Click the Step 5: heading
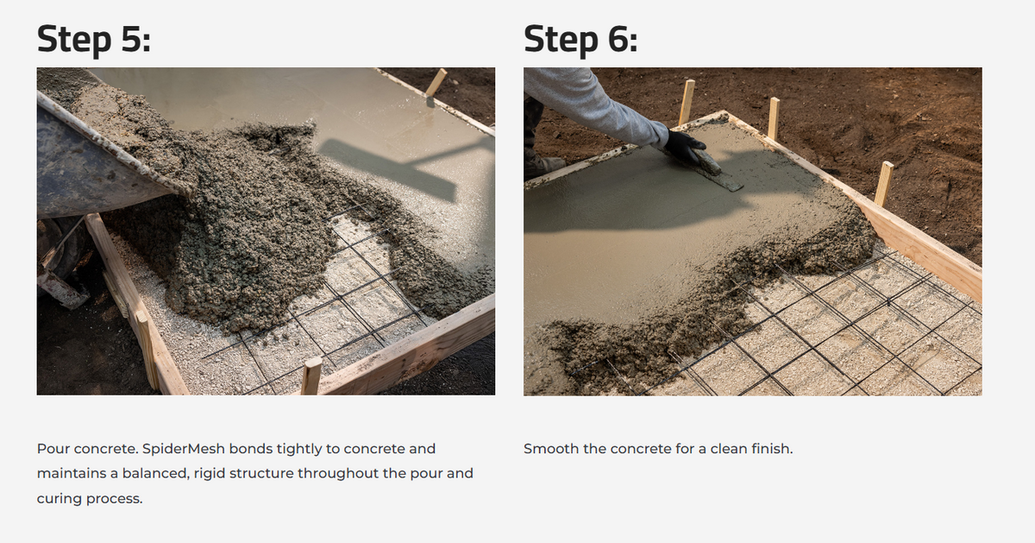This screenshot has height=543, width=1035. point(94,40)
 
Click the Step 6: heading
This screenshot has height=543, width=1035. point(580,40)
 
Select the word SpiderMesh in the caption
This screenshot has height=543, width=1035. point(184,449)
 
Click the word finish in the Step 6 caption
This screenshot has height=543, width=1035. point(772,449)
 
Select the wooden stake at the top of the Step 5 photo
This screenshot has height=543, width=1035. point(436,82)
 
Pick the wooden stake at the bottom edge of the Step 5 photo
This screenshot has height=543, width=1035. point(311,376)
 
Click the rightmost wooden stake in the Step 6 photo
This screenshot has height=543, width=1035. point(883,184)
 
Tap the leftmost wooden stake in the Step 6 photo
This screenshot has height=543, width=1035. point(687,102)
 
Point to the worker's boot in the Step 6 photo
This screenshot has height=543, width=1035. point(545,164)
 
